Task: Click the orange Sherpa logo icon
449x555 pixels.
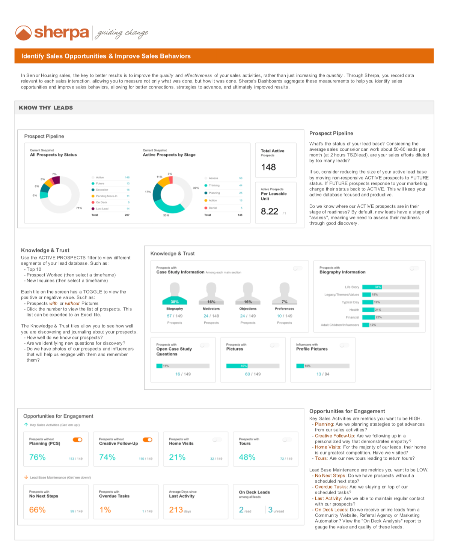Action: pyautogui.click(x=23, y=33)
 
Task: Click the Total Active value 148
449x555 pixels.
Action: pyautogui.click(x=268, y=167)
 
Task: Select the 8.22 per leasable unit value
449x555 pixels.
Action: pyautogui.click(x=270, y=211)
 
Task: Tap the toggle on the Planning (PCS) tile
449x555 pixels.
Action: pyautogui.click(x=78, y=439)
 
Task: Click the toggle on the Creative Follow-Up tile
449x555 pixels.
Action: pyautogui.click(x=148, y=439)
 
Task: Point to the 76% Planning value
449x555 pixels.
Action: pyautogui.click(x=38, y=457)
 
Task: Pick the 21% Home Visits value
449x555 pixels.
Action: pyautogui.click(x=177, y=457)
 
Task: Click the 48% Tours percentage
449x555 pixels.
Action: pyautogui.click(x=247, y=457)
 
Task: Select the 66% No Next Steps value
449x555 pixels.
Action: pyautogui.click(x=38, y=510)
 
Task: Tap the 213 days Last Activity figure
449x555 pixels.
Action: pyautogui.click(x=176, y=510)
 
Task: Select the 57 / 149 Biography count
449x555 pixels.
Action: pyautogui.click(x=175, y=316)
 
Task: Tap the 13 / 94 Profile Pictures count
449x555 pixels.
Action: pyautogui.click(x=323, y=374)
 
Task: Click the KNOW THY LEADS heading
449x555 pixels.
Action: pyautogui.click(x=46, y=108)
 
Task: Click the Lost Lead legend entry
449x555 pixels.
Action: pyautogui.click(x=102, y=208)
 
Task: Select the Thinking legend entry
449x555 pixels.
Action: pyautogui.click(x=214, y=185)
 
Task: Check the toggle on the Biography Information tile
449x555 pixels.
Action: pyautogui.click(x=414, y=268)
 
